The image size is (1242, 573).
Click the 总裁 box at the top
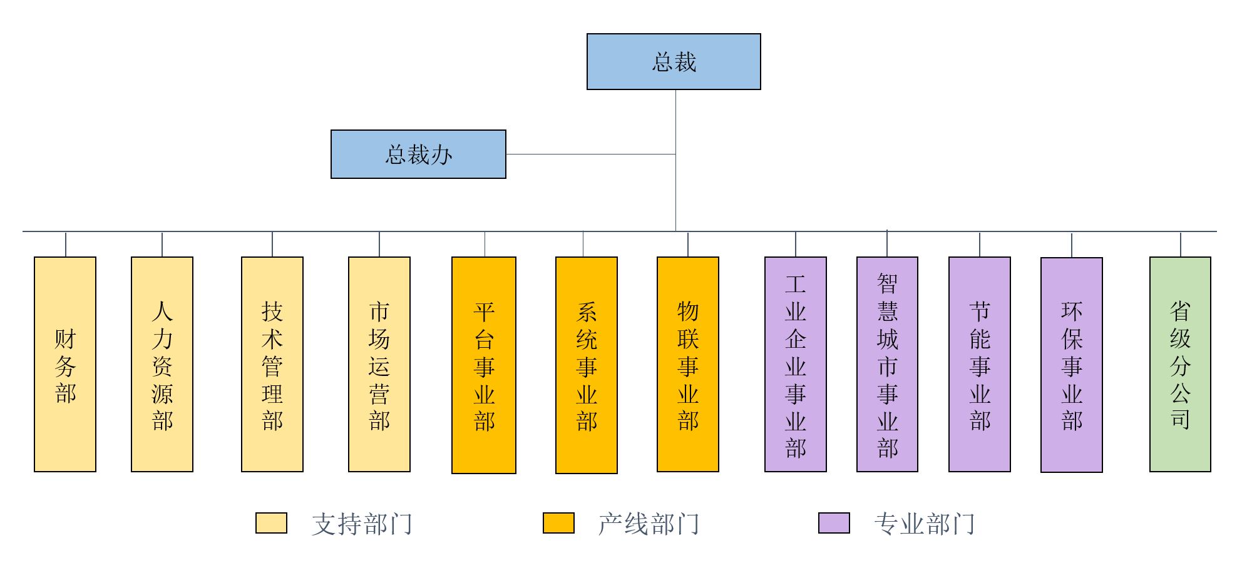(x=674, y=62)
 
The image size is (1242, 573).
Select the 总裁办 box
(x=418, y=155)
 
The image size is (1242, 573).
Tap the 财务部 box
(x=65, y=364)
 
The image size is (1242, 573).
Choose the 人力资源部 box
(x=162, y=364)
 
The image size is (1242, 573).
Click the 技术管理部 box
(x=272, y=364)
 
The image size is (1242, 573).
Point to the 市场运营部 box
(x=379, y=364)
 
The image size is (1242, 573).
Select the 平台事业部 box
(x=484, y=365)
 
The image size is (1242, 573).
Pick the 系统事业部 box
(x=587, y=365)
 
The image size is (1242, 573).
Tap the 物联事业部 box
(x=688, y=364)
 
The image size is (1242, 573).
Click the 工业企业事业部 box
(x=796, y=364)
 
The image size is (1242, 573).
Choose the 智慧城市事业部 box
(x=887, y=364)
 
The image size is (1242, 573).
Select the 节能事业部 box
(x=980, y=364)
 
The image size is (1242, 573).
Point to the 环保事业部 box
(x=1072, y=365)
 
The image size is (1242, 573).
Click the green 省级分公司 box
(x=1180, y=364)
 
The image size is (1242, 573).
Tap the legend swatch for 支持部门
(x=271, y=523)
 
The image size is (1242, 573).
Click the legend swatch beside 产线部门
(x=558, y=523)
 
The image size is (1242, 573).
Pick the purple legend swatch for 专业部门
(x=834, y=523)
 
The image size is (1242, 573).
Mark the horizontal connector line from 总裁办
(x=590, y=154)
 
